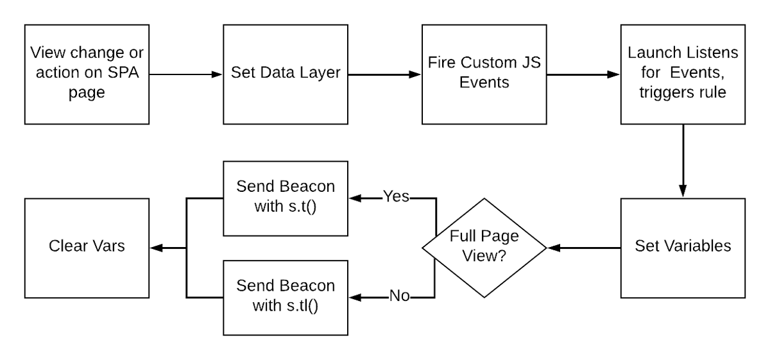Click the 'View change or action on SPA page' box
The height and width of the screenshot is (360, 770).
[87, 74]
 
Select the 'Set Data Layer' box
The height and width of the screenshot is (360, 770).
[286, 74]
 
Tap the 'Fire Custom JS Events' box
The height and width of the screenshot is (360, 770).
[484, 74]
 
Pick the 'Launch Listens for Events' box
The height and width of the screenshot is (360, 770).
[683, 74]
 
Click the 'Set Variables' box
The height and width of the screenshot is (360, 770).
[683, 247]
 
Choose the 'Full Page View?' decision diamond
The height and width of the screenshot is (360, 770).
[484, 247]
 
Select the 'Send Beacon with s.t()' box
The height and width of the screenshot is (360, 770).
[286, 198]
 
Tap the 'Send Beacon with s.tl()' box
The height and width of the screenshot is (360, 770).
[286, 296]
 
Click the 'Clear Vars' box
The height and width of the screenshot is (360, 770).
[87, 247]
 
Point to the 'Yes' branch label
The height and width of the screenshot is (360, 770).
[396, 196]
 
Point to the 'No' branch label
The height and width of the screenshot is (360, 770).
[399, 296]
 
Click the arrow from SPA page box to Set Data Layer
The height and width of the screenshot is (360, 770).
[186, 74]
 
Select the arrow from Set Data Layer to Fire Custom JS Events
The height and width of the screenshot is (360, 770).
[385, 74]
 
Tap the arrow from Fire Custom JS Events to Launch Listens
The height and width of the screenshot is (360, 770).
[583, 74]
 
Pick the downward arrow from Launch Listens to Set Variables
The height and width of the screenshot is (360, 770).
[683, 160]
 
